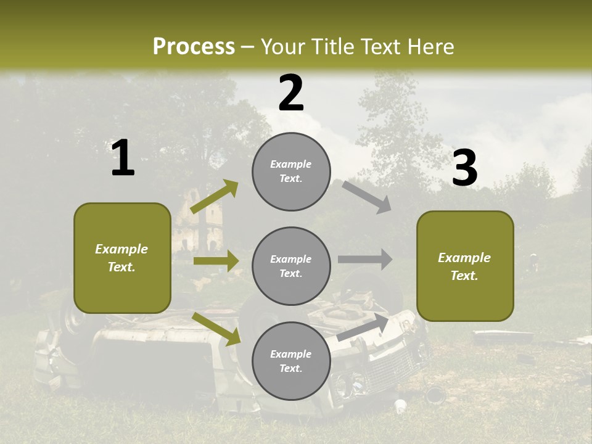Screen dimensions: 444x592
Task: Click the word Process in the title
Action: pos(194,46)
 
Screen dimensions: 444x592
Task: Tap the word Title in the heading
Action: pos(332,46)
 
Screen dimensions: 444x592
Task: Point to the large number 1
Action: pos(123,158)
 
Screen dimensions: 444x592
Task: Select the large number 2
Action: pos(291,93)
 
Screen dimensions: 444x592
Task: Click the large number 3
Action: pos(464,168)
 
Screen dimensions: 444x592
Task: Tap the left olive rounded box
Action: pos(122,258)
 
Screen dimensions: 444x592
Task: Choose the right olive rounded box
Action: pos(465,266)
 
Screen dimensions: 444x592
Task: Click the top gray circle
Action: pos(291,171)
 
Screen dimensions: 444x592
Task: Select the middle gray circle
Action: pos(291,266)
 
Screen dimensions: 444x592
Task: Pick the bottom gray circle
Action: pos(291,361)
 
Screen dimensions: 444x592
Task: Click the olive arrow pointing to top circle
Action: pos(215,197)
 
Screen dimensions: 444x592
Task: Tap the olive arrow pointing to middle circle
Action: pos(216,261)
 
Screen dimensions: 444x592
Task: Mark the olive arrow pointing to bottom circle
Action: pos(216,329)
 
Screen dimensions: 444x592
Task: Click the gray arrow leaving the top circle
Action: pos(367,197)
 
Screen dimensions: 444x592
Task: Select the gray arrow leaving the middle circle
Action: pos(365,259)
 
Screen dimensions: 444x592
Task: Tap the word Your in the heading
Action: pos(282,46)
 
